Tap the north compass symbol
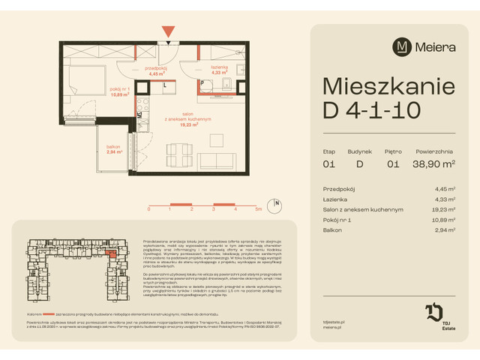click(x=277, y=203)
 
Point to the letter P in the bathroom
click(x=202, y=84)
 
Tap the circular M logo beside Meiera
click(x=403, y=46)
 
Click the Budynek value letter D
click(x=360, y=163)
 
